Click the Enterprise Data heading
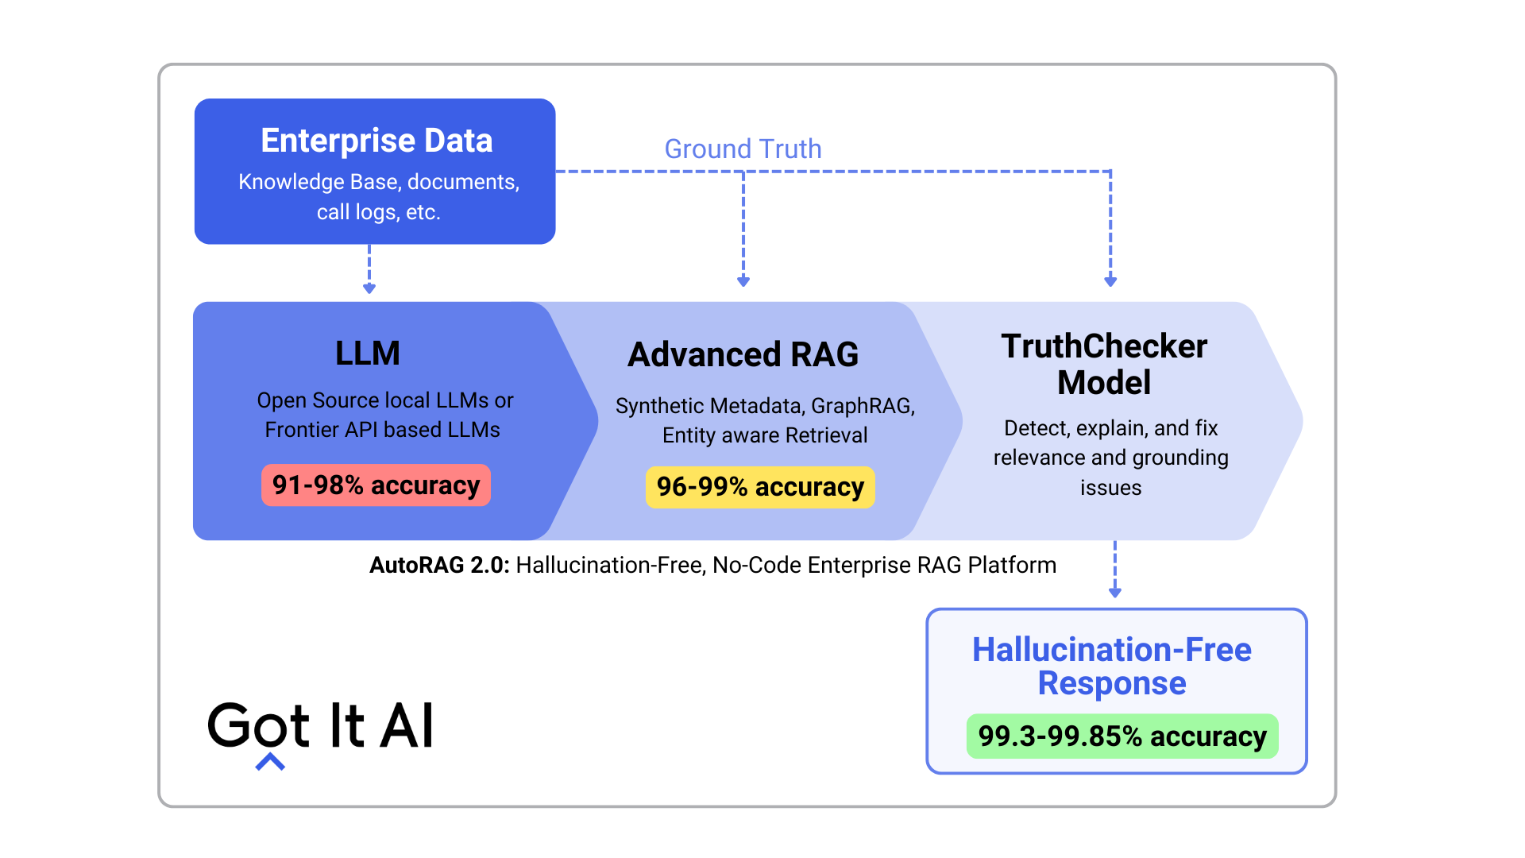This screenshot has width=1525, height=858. (x=376, y=141)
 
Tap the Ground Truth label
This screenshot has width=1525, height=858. (x=743, y=149)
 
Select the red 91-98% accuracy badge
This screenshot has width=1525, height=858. (x=376, y=485)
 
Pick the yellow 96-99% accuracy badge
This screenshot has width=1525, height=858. (x=760, y=487)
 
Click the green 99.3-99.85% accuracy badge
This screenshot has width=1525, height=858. (x=1122, y=736)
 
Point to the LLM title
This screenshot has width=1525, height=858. (x=368, y=354)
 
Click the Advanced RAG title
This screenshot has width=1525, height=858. (x=743, y=355)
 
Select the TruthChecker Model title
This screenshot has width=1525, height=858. (x=1104, y=365)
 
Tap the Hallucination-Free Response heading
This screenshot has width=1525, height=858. (x=1112, y=667)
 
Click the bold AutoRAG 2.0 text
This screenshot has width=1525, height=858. (x=439, y=565)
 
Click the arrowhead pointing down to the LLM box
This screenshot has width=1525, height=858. (x=369, y=288)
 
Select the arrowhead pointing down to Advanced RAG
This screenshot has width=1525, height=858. (x=743, y=281)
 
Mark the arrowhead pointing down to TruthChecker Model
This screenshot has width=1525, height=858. (x=1110, y=281)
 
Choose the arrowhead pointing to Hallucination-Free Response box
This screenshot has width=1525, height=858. (x=1115, y=592)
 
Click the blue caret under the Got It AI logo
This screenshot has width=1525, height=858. (x=270, y=763)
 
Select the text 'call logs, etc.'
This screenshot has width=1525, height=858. (x=378, y=212)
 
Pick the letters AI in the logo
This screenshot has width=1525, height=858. (x=407, y=725)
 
